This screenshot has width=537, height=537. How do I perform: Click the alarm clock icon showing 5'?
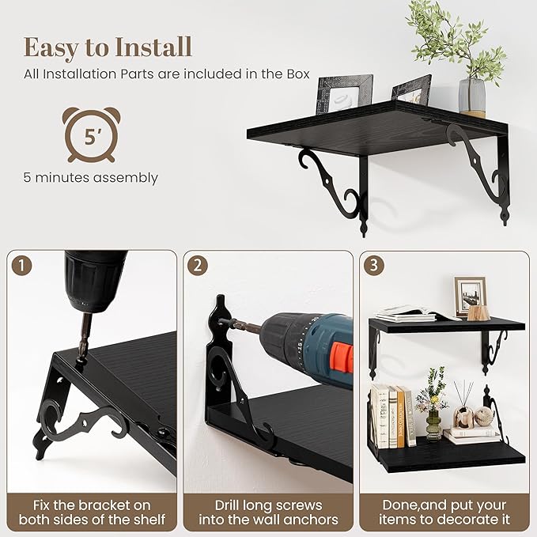click(x=91, y=135)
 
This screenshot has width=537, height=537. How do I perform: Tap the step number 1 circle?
click(x=21, y=266)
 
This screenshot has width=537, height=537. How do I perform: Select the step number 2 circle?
click(x=198, y=266)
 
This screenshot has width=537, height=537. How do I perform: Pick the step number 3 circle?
click(x=373, y=266)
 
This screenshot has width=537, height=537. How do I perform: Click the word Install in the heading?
click(x=153, y=47)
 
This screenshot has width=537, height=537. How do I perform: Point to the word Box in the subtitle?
click(x=298, y=74)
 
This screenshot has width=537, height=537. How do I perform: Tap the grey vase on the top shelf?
click(x=472, y=96)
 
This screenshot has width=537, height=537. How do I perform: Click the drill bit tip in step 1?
click(x=82, y=357)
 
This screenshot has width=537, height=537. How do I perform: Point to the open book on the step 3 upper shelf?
click(x=415, y=314)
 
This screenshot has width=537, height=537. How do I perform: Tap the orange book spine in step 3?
click(x=401, y=417)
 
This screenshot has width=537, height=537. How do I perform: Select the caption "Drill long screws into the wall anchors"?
click(x=269, y=512)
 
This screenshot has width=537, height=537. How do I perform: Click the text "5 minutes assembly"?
click(x=91, y=178)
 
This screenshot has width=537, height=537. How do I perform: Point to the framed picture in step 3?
click(x=470, y=297)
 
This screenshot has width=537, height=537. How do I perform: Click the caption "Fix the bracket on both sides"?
click(x=92, y=512)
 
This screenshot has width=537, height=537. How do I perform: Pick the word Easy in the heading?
click(x=51, y=48)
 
